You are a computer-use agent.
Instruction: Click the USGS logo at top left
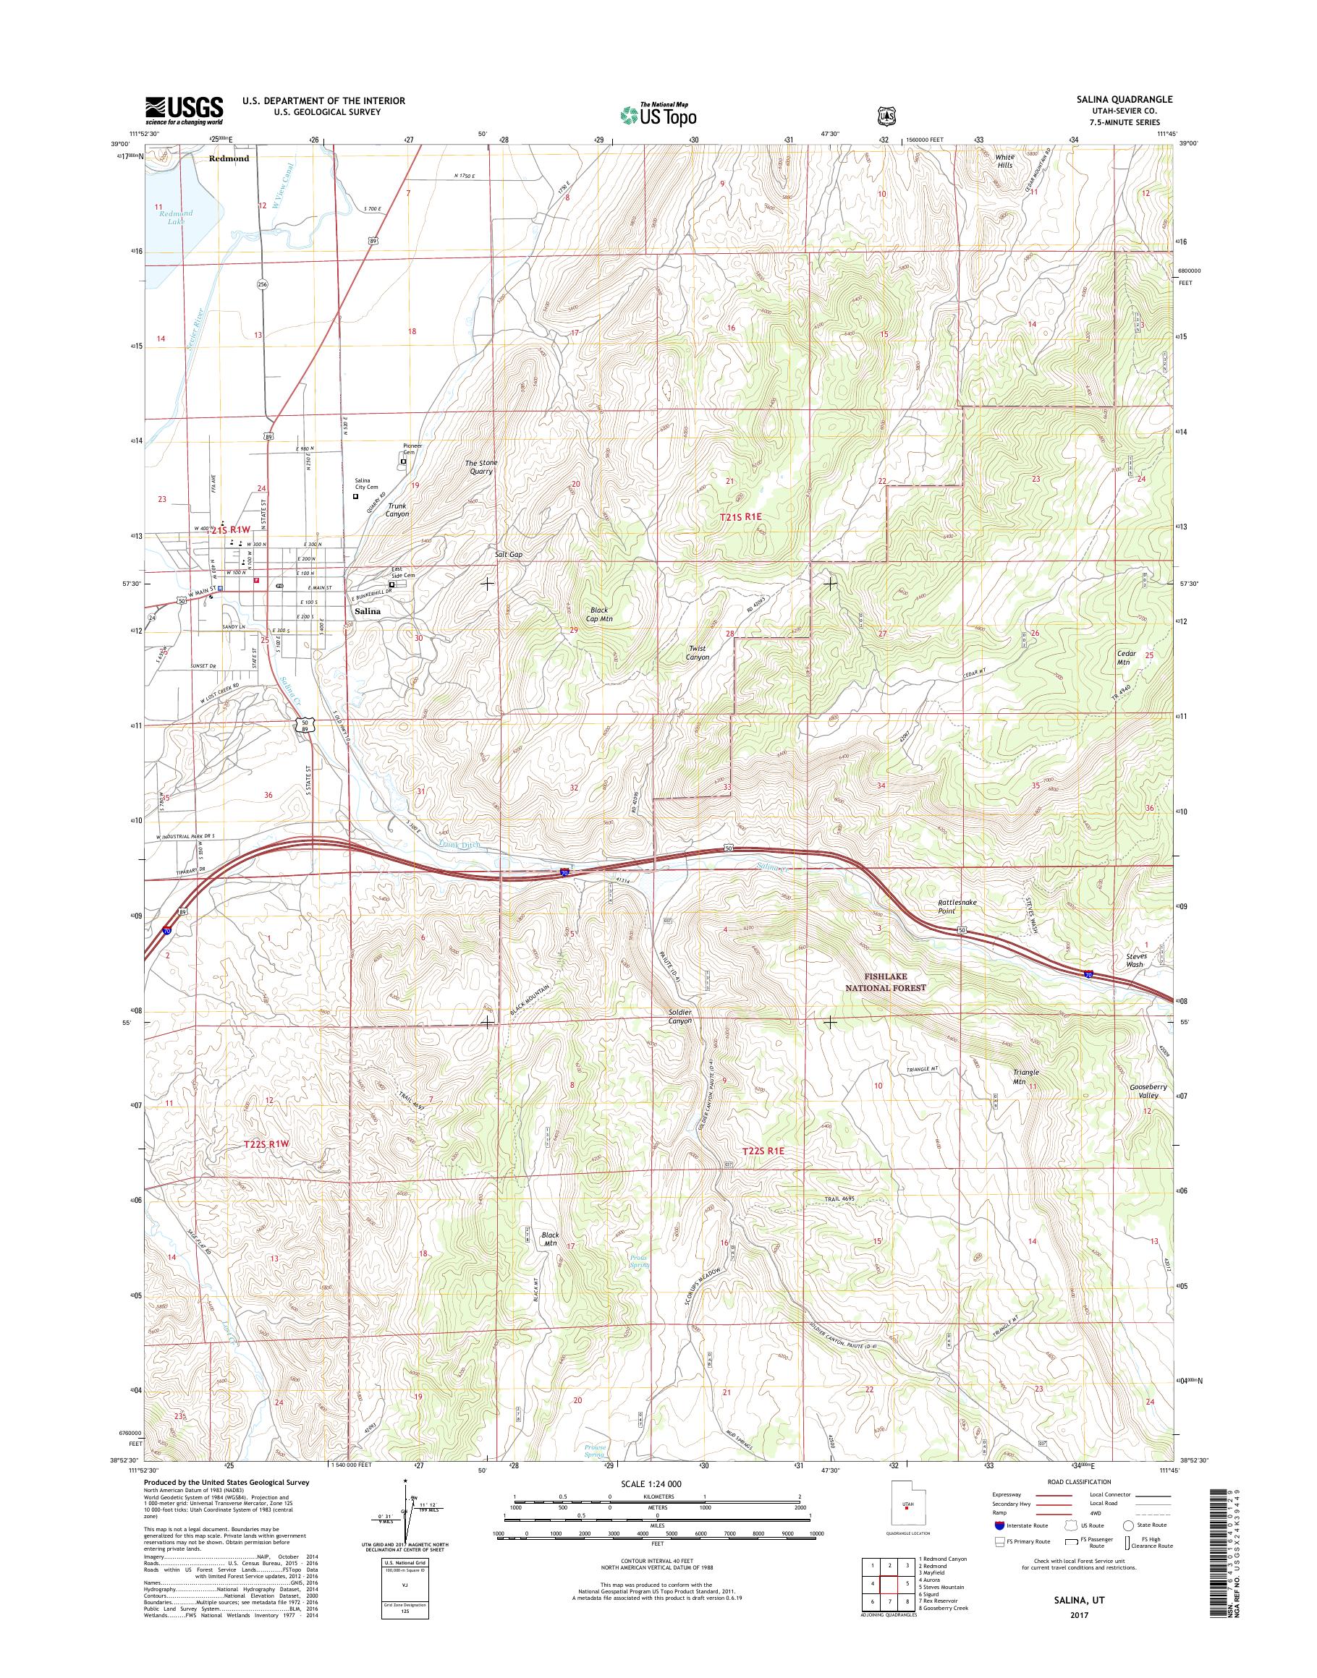click(185, 110)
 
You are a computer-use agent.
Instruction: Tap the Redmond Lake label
click(176, 216)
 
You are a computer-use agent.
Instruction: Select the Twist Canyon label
click(697, 653)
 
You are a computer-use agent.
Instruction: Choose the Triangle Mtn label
click(1025, 1077)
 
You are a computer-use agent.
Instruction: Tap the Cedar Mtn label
click(1124, 657)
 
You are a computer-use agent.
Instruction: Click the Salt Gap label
click(509, 554)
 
